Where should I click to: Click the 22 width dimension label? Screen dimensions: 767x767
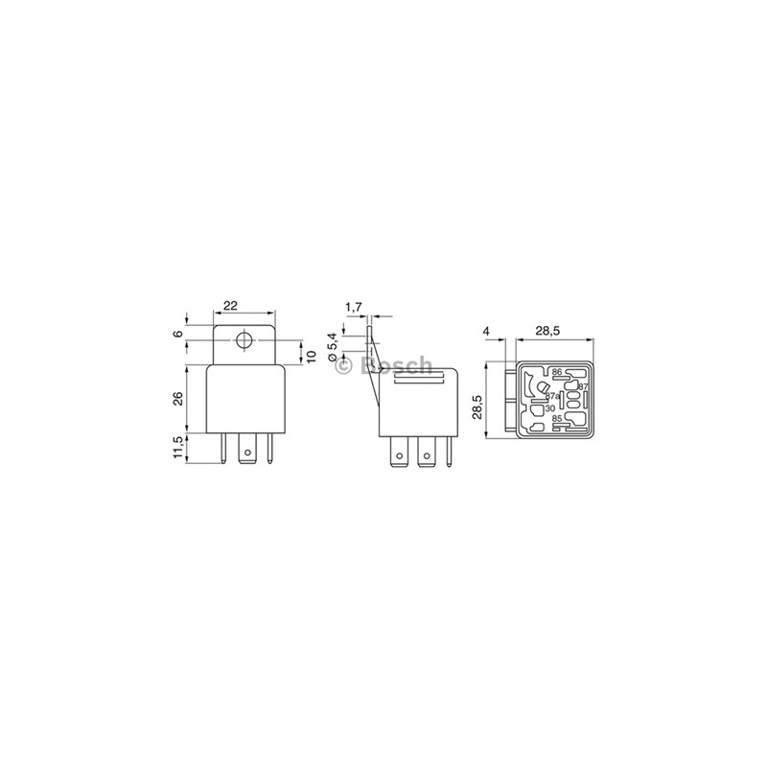[230, 306]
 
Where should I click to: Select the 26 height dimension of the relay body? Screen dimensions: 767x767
[178, 400]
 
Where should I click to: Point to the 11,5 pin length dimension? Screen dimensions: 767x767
[178, 448]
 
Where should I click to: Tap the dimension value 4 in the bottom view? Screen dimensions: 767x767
[488, 331]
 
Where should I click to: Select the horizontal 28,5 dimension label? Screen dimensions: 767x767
[547, 331]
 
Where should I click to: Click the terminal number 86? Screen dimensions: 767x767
[556, 372]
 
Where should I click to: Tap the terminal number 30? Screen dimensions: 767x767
[549, 408]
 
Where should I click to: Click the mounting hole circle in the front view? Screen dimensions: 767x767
[244, 340]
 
